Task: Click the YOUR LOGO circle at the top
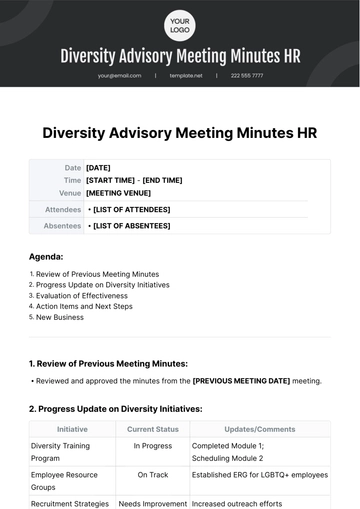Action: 180,24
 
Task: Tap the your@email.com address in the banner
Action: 120,75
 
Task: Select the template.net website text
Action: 186,75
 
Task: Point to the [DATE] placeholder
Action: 98,168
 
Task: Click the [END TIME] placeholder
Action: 163,180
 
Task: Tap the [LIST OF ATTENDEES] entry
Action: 132,209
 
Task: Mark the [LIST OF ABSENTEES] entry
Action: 132,226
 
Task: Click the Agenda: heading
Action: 46,256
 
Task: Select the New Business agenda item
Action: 61,317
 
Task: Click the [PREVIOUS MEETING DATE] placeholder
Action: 241,380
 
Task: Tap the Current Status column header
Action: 152,429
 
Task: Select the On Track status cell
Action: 152,475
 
